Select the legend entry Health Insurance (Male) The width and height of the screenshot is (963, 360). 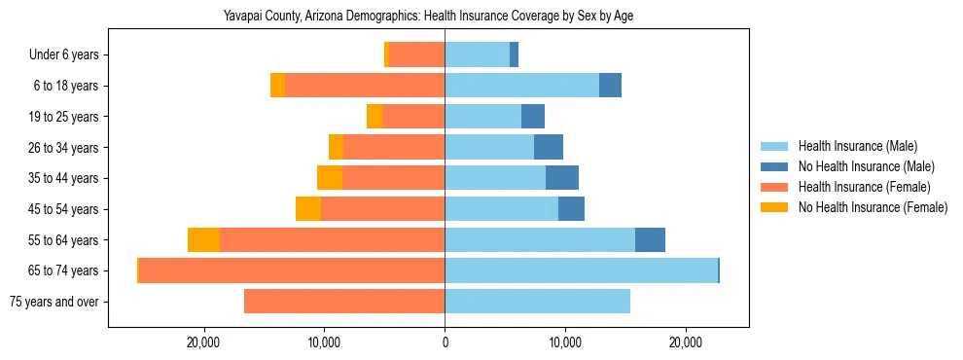pos(857,146)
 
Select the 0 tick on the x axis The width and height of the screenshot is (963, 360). pos(445,342)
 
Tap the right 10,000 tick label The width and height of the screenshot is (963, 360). pos(565,342)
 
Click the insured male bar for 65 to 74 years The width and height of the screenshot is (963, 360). pos(581,270)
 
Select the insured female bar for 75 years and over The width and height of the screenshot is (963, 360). pos(344,302)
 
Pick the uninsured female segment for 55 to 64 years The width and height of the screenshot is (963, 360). pos(203,240)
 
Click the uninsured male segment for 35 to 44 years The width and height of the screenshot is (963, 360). pos(562,178)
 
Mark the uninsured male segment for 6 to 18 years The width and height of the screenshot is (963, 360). pos(610,86)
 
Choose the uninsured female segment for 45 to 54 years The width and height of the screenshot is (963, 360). pos(308,209)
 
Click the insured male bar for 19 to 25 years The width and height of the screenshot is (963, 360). pos(482,117)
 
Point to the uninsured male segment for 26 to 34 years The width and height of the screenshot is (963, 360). pos(549,148)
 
